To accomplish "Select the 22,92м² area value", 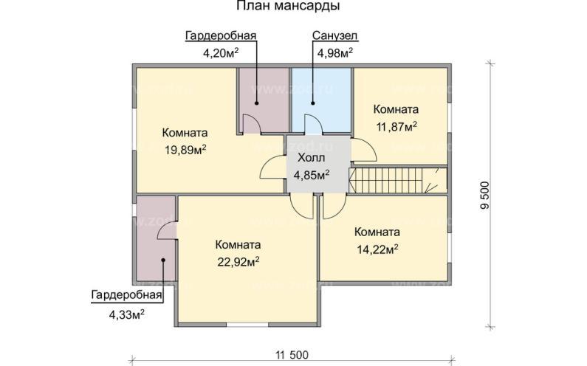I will coord(238,261).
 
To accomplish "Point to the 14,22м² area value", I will coord(377,248).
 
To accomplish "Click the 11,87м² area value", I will coord(397,126).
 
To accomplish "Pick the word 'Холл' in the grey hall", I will coord(310,159).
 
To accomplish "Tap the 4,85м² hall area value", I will coord(311,175).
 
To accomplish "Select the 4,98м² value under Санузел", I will coord(334,52).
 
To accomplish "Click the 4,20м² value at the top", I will coord(221,52).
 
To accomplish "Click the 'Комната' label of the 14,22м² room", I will coord(377,231).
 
